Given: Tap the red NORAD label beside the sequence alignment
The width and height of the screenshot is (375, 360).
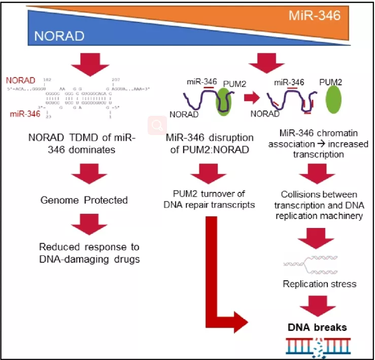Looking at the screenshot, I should [x=21, y=81].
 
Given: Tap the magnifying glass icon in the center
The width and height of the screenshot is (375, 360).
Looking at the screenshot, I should [x=158, y=124].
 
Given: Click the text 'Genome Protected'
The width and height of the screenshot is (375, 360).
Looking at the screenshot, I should [x=84, y=200].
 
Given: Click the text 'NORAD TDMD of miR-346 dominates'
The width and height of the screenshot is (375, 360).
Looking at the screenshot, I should [x=84, y=143].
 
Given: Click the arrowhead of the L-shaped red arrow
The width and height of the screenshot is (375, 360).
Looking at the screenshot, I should [x=241, y=325].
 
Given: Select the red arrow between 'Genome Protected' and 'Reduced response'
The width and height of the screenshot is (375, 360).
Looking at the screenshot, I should [x=84, y=225].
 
